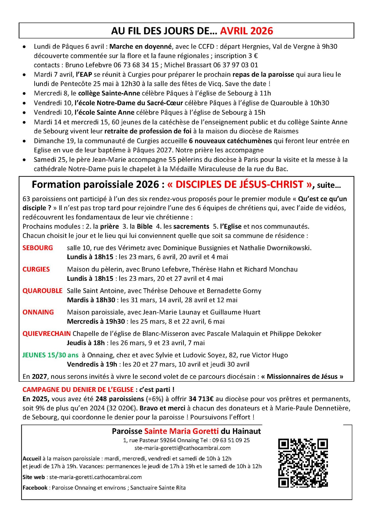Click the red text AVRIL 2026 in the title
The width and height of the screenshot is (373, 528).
click(x=246, y=31)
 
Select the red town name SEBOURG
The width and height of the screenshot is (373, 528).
click(x=38, y=248)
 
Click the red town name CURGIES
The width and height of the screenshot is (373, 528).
click(x=36, y=269)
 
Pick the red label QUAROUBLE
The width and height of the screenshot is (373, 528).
click(x=42, y=291)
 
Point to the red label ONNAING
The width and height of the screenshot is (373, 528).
click(x=38, y=312)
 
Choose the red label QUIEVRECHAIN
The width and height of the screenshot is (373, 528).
click(x=47, y=334)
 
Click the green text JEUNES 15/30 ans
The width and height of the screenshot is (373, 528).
click(x=50, y=355)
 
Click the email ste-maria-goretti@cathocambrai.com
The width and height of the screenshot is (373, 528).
click(x=183, y=448)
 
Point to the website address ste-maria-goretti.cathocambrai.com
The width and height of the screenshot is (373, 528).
click(x=95, y=477)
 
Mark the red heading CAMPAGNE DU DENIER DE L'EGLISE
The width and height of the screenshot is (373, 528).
click(x=78, y=390)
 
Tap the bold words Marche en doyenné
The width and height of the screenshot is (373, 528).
click(x=140, y=46)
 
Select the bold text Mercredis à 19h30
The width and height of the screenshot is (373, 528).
click(x=96, y=321)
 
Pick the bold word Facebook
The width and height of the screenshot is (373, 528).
click(x=35, y=488)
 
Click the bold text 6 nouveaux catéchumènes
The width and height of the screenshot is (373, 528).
click(x=230, y=141)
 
